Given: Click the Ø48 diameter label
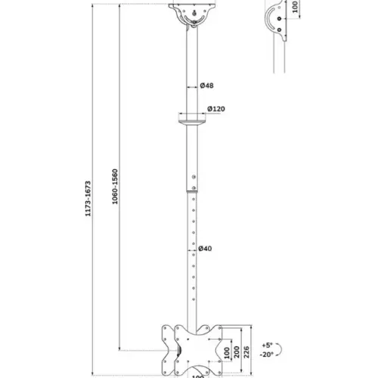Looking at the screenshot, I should [206, 86].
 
